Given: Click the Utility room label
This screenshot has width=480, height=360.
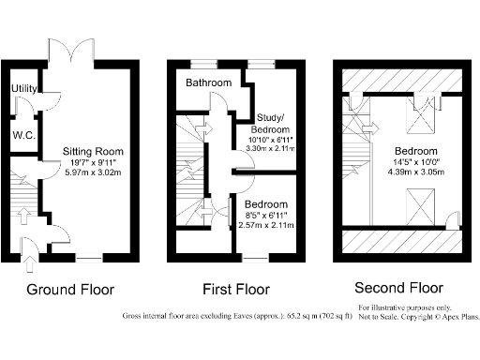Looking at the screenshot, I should [22, 88].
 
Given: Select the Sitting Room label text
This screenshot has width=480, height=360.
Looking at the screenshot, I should [93, 151].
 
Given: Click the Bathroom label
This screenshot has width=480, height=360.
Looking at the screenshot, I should [207, 83].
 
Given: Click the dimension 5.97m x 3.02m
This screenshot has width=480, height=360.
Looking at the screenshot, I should [93, 172].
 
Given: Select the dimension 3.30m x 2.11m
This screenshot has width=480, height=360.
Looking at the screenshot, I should [272, 148].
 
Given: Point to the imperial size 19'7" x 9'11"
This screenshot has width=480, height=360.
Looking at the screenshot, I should [93, 162].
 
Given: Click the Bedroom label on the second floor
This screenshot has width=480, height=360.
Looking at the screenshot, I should [414, 151].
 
